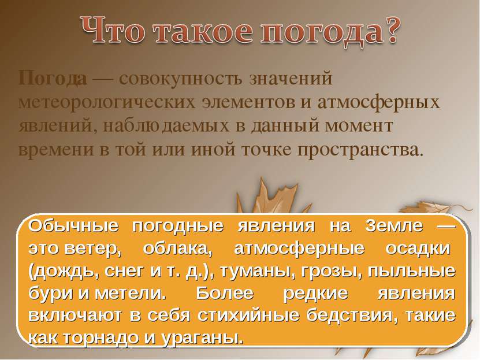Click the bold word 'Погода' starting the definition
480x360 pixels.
[x=53, y=77]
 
